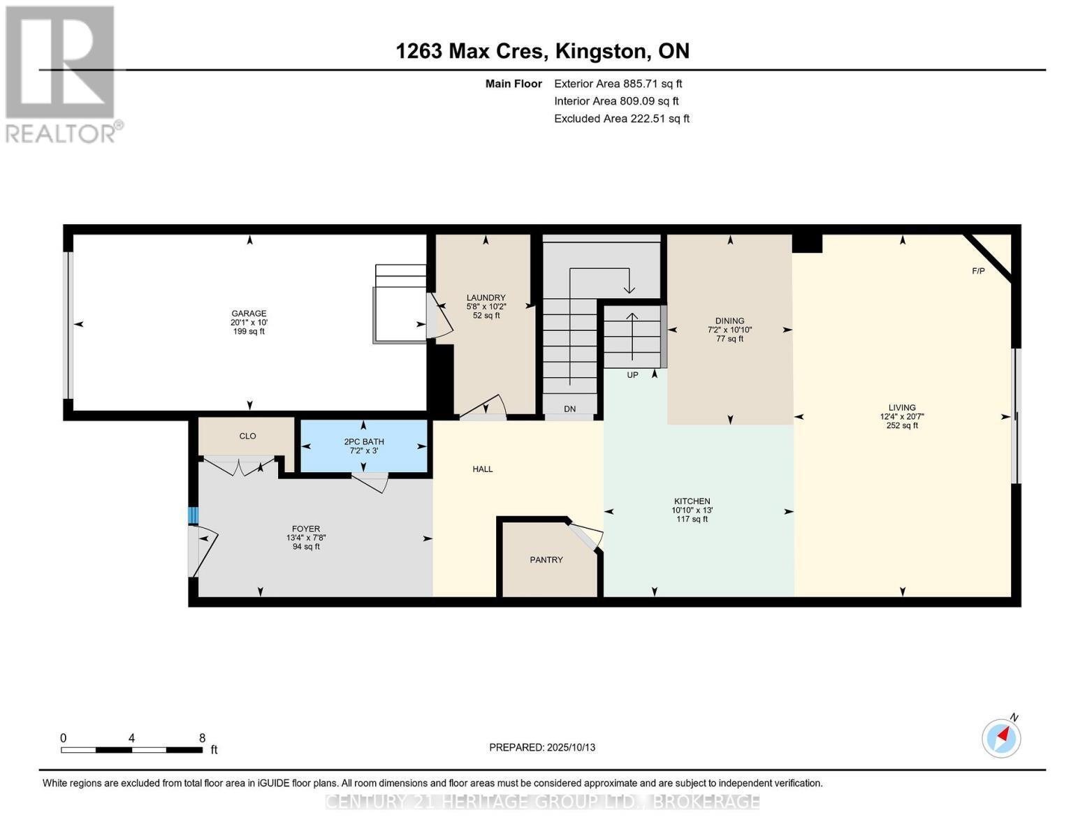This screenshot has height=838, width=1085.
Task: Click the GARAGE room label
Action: coord(249,314)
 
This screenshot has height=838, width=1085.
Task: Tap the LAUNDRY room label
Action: coord(486,297)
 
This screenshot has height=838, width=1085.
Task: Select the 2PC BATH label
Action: coord(363,441)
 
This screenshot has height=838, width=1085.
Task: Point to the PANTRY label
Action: coord(546,560)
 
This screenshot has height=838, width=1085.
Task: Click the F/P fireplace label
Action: coord(978,271)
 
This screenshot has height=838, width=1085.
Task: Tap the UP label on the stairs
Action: coord(632,375)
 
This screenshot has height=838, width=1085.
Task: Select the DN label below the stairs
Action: coord(569,409)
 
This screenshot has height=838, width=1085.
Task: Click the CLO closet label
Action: coord(247,436)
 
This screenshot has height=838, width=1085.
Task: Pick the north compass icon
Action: coord(1001,737)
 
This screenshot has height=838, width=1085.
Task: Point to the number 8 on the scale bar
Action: coord(202,738)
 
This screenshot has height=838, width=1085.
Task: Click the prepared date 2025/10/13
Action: coord(571,747)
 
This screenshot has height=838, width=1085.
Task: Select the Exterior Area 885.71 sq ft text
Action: coord(618,84)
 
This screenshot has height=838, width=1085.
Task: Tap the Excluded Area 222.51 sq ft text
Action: coord(621,119)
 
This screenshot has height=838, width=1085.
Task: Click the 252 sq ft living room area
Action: coord(901,425)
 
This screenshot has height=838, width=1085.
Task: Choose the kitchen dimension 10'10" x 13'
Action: coord(692,510)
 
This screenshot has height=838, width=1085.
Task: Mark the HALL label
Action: coord(482,469)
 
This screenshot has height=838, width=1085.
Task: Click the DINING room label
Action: coord(729,321)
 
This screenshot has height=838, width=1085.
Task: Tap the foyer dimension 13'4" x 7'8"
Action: coord(306,538)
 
